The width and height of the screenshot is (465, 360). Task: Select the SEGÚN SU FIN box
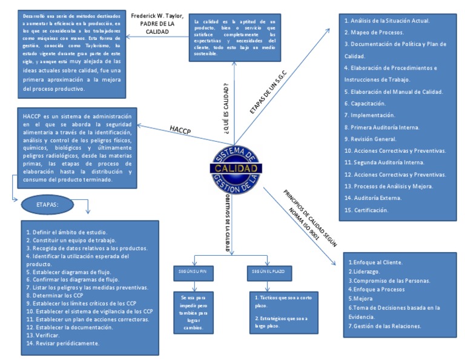click(193, 271)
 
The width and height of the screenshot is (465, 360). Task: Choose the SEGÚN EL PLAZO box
click(265, 271)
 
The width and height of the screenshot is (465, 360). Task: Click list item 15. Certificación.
click(366, 210)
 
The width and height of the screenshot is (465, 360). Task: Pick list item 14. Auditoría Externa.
click(374, 198)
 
